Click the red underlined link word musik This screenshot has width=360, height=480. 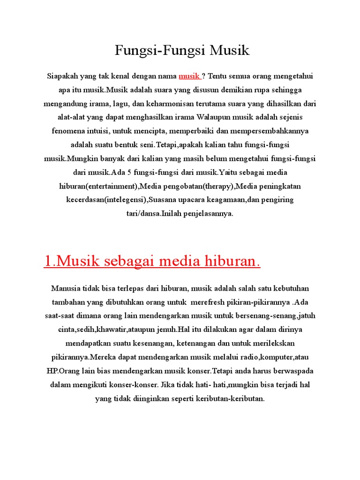189,76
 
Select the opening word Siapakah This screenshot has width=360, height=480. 62,76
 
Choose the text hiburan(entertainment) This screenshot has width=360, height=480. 97,186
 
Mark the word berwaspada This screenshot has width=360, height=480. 291,371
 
